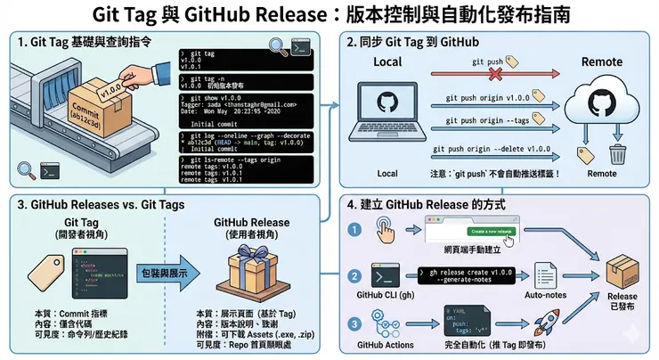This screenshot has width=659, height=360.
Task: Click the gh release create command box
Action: [x=472, y=274]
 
